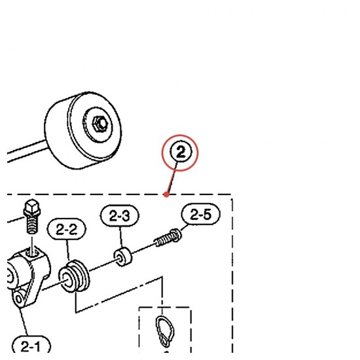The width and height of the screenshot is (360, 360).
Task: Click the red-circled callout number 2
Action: pyautogui.click(x=181, y=152)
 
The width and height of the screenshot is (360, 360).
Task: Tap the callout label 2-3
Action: pyautogui.click(x=119, y=216)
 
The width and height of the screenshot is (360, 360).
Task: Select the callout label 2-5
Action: pyautogui.click(x=201, y=215)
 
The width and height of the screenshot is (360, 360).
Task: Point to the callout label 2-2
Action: pyautogui.click(x=67, y=229)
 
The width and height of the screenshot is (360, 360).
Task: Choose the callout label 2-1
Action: pyautogui.click(x=31, y=346)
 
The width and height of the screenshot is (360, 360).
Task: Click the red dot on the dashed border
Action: pyautogui.click(x=166, y=194)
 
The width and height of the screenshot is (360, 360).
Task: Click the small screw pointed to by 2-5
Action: pyautogui.click(x=168, y=238)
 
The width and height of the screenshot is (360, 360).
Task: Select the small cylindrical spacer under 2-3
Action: pyautogui.click(x=123, y=257)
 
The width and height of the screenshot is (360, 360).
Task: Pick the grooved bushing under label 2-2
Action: pyautogui.click(x=74, y=276)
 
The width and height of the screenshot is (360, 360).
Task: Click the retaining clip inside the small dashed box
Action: pyautogui.click(x=165, y=331)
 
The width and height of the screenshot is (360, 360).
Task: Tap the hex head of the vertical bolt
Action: pyautogui.click(x=32, y=207)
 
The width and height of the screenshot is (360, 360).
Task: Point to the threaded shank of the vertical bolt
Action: pyautogui.click(x=32, y=225)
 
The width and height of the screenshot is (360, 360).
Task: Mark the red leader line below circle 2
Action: pyautogui.click(x=172, y=179)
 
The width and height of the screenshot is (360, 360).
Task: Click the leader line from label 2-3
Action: pyautogui.click(x=121, y=238)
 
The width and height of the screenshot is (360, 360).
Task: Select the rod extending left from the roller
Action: pyautogui.click(x=26, y=151)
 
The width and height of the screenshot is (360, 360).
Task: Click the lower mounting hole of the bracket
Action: pyautogui.click(x=18, y=298)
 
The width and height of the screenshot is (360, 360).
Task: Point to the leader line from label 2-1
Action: pyautogui.click(x=24, y=322)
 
